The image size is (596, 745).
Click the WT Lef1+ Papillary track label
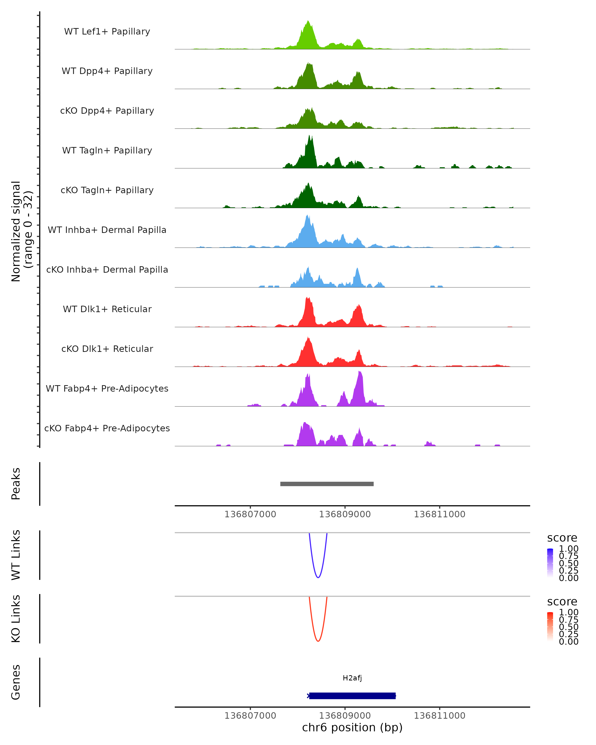[x=107, y=32]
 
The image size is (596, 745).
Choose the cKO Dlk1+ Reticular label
[x=107, y=349]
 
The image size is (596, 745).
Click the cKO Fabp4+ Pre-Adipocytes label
[x=107, y=428]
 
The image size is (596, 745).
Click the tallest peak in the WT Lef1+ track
[x=308, y=22]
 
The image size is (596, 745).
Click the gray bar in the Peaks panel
[x=327, y=484]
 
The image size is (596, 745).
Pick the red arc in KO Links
[x=318, y=641]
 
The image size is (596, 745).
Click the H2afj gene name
[x=352, y=678]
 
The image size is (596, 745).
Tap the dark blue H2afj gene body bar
[x=352, y=696]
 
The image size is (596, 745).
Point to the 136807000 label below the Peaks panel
[x=250, y=514]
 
